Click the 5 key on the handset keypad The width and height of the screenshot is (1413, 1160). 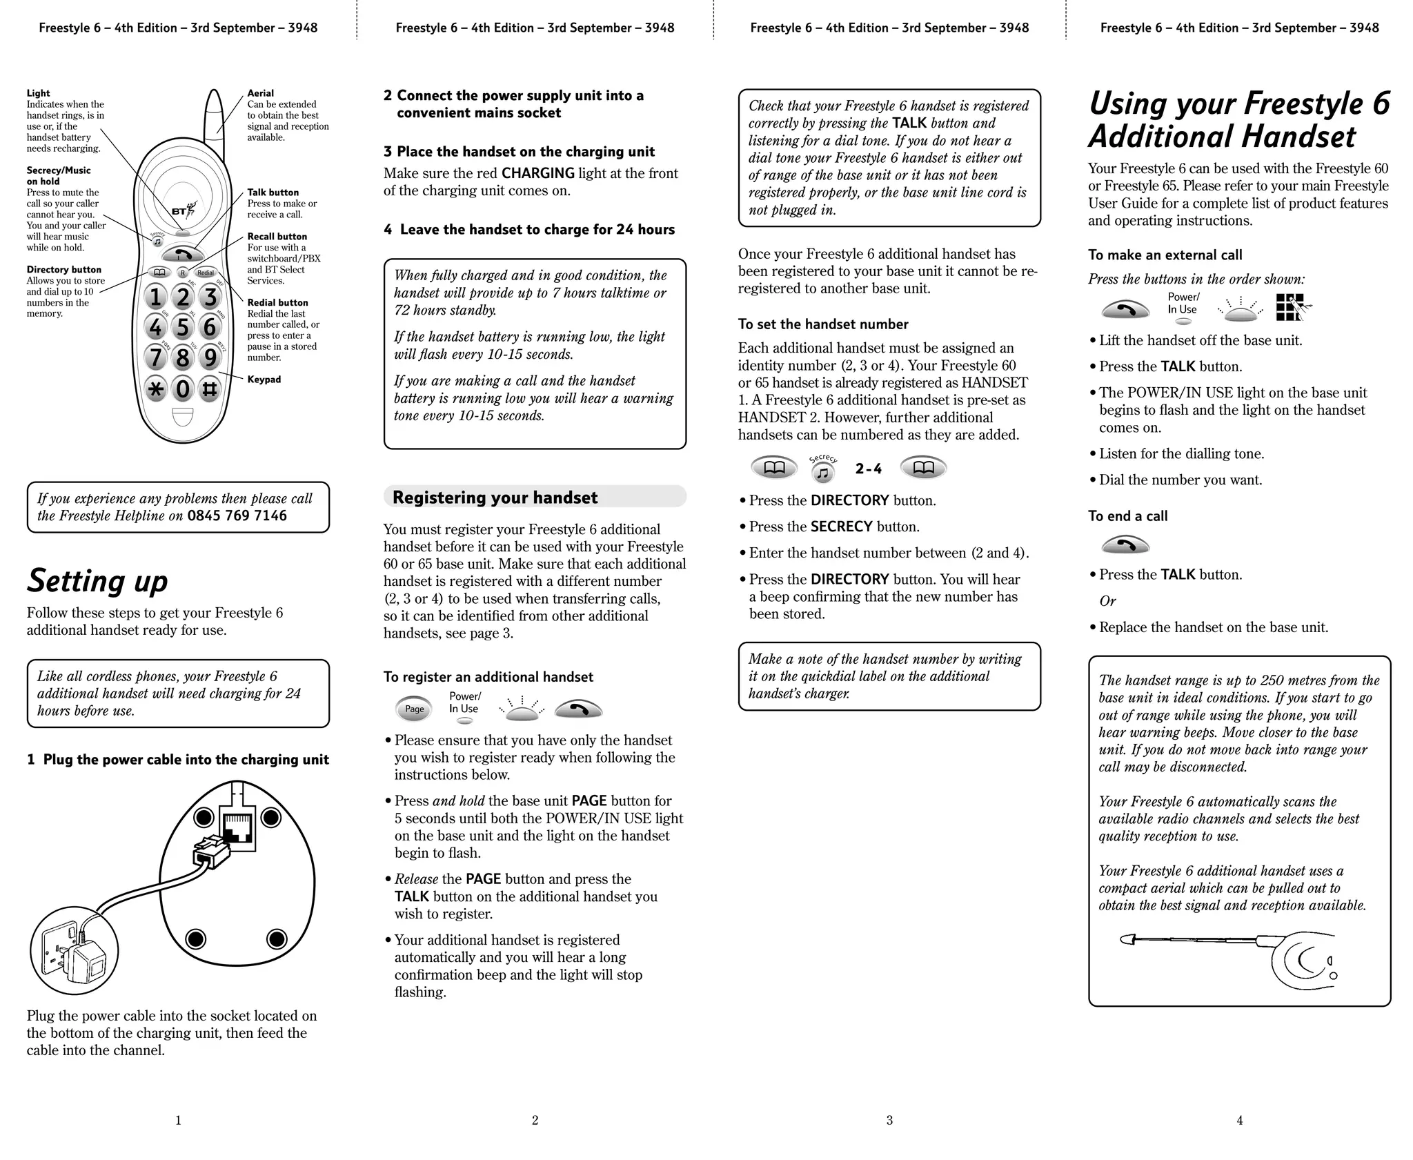(x=182, y=327)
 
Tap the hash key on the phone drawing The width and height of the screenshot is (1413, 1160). (x=210, y=389)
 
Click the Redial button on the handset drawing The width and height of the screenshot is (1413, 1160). (x=206, y=273)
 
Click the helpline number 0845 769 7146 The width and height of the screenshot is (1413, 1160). (x=237, y=516)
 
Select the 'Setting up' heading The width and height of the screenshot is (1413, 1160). (x=97, y=581)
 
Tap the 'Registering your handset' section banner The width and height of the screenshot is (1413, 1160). (x=535, y=498)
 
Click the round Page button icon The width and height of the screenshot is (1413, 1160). (x=414, y=709)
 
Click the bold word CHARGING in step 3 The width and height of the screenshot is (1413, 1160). (x=537, y=173)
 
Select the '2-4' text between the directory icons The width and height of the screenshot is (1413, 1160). (x=868, y=469)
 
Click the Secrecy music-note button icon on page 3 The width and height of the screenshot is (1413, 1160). (x=822, y=473)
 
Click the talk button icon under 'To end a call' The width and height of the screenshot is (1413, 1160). (x=1125, y=546)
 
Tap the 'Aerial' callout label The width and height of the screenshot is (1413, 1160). (x=260, y=93)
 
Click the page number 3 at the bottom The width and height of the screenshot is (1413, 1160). (x=889, y=1120)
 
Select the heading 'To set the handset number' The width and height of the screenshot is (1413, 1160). (x=822, y=324)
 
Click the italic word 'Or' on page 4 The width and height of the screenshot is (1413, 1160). (x=1107, y=601)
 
